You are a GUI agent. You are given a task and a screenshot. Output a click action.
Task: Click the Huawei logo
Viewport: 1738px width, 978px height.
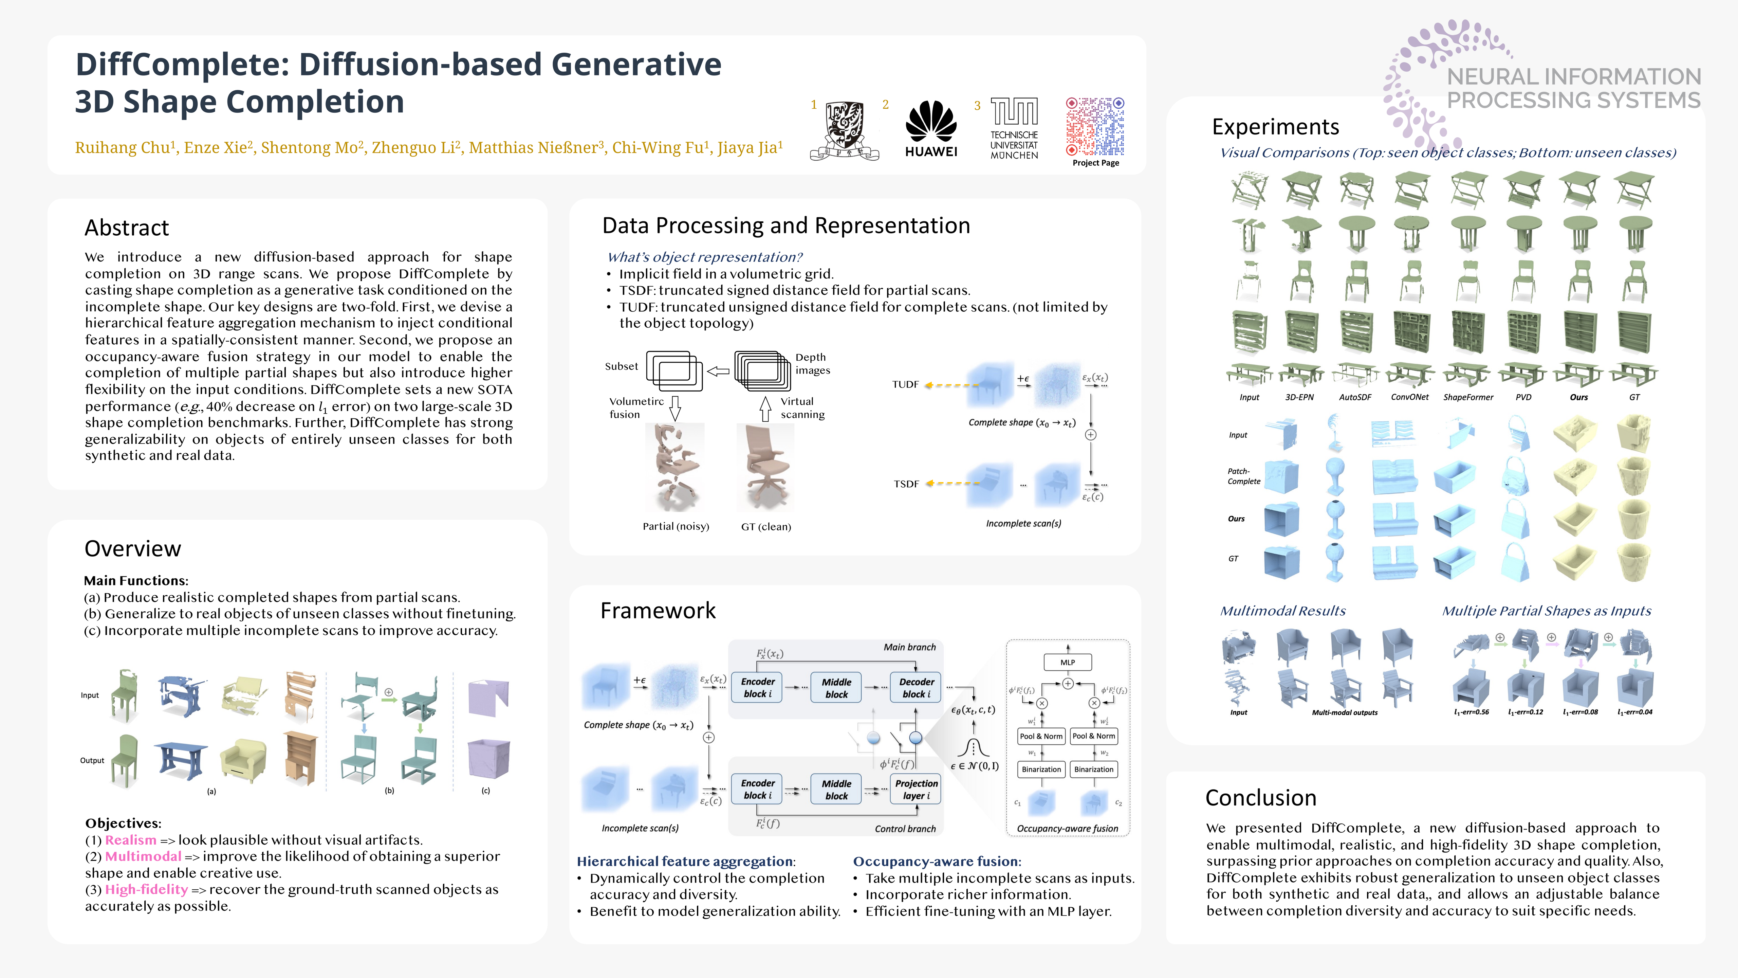coord(931,128)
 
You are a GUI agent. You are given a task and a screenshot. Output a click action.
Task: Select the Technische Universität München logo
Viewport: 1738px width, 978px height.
coord(1014,128)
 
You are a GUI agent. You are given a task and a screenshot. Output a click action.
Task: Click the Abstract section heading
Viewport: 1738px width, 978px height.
coord(127,228)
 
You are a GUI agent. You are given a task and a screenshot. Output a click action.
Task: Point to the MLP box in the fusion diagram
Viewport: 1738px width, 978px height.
coord(1067,662)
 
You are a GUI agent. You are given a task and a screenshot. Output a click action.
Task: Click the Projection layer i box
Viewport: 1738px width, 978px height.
coord(916,789)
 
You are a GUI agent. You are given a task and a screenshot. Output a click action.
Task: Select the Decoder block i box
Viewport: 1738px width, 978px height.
coord(916,688)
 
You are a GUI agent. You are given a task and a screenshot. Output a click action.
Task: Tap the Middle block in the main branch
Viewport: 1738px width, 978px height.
coord(836,688)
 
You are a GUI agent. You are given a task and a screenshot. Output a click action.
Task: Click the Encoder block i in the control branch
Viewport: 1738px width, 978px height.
coord(758,789)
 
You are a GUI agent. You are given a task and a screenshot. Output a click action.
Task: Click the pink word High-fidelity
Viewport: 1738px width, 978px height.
coord(146,890)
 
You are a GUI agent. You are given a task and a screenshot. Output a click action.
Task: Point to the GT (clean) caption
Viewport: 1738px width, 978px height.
coord(766,526)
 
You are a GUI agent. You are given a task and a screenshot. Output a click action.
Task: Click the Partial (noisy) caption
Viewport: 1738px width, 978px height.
coord(676,526)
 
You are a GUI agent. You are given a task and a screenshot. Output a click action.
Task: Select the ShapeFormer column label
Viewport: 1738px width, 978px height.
coord(1468,398)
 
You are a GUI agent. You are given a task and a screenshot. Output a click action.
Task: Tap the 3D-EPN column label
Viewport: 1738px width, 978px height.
coord(1299,398)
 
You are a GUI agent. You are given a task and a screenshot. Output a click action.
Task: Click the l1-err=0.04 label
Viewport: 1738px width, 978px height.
coord(1635,712)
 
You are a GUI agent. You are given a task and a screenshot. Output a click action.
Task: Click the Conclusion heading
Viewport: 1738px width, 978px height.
coord(1260,798)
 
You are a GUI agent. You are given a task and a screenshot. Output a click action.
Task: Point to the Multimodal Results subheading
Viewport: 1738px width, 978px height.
coord(1282,611)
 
